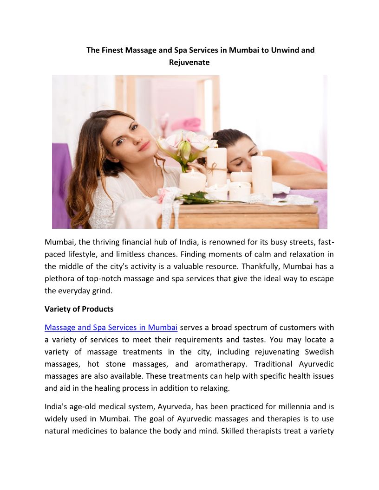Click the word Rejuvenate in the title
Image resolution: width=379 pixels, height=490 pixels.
pos(189,62)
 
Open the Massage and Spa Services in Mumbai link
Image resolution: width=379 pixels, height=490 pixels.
pos(111,328)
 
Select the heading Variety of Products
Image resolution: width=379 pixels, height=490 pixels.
pos(79,309)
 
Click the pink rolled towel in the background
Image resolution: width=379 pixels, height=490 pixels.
pos(186,124)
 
